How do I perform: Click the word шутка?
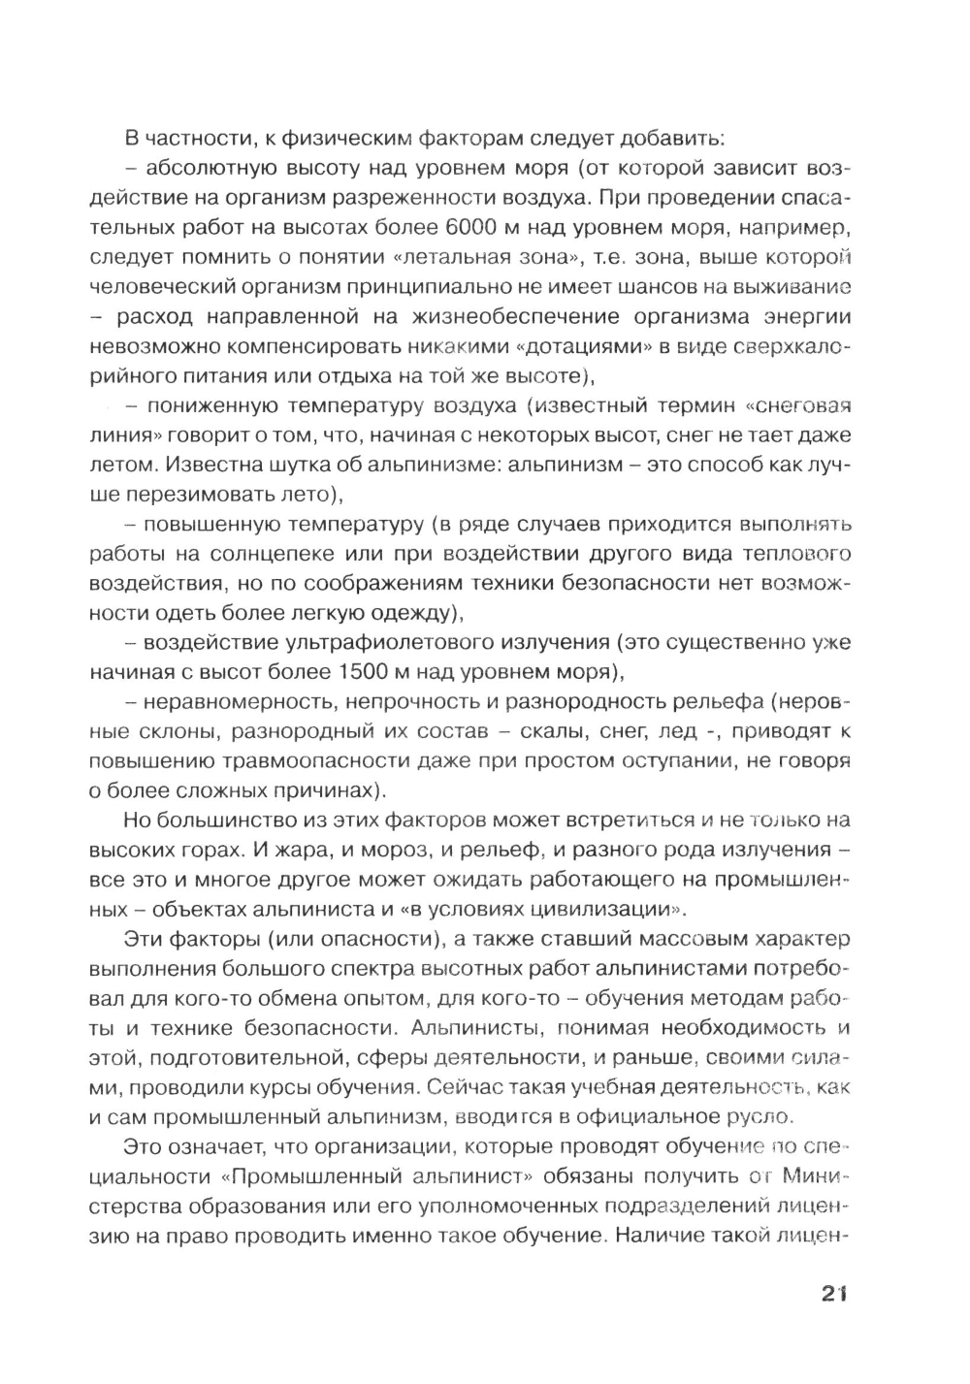(274, 465)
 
